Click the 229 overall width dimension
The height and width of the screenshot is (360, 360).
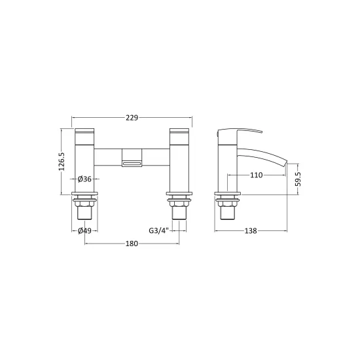click(132, 118)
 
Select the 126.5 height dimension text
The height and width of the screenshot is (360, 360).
click(62, 162)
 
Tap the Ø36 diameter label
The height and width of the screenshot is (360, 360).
click(84, 179)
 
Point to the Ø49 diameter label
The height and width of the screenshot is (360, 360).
click(84, 231)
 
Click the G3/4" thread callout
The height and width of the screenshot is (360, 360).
click(159, 230)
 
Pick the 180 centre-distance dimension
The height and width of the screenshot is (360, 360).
click(132, 243)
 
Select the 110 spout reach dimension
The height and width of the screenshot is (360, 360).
click(256, 175)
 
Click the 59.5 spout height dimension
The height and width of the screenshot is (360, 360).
click(298, 179)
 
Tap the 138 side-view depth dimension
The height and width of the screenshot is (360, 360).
click(251, 231)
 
